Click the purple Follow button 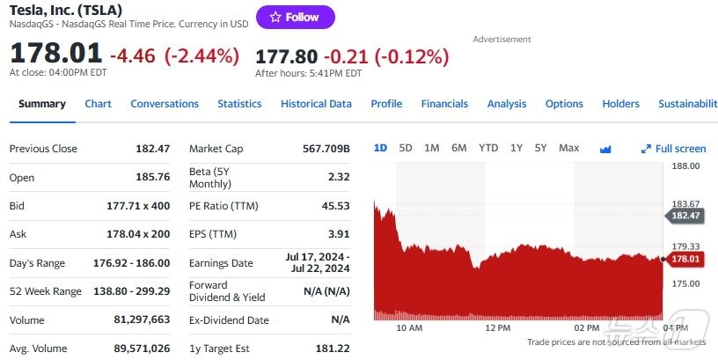295,17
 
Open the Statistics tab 239,104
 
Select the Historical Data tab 316,104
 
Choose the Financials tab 444,104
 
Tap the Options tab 564,104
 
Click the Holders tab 620,104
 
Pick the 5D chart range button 406,148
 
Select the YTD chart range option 488,148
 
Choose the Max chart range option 568,148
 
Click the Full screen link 674,149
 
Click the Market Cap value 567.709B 326,149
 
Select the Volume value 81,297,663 142,320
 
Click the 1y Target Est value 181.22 333,349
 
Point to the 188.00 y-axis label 685,165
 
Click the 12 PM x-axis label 497,327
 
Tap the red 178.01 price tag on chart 685,259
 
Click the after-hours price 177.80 286,56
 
